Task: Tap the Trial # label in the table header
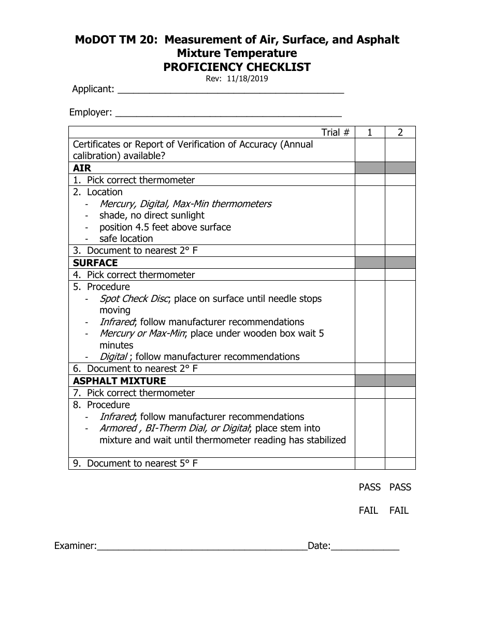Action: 336,133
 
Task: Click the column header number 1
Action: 370,133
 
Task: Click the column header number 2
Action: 400,133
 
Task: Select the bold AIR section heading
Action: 82,168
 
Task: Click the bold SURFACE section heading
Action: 95,263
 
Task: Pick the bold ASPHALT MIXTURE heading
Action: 120,381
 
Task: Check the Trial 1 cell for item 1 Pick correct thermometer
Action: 370,180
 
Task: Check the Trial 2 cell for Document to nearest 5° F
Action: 400,464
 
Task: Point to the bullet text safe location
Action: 126,239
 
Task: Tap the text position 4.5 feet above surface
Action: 165,227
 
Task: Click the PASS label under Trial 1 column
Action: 370,487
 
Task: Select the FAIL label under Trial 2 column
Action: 399,511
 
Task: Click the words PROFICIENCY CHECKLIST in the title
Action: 237,67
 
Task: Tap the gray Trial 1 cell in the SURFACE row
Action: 370,263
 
